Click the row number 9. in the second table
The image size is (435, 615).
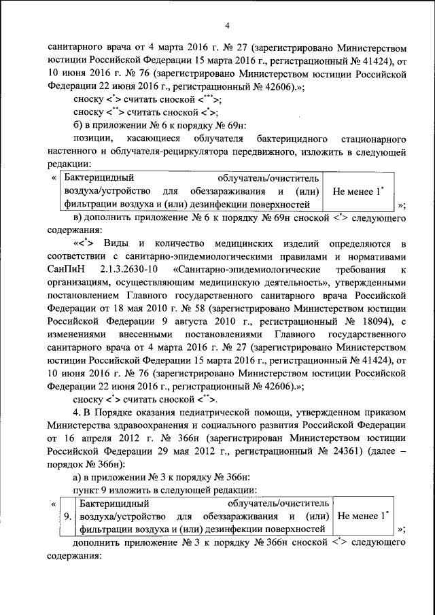click(x=67, y=516)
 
